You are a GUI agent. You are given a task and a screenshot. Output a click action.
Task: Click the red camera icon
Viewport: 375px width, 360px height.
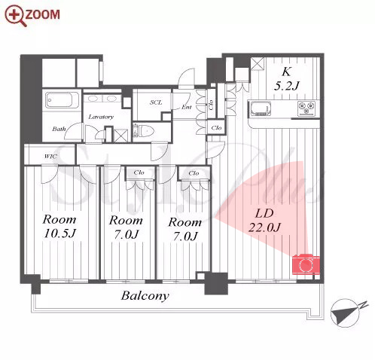306,264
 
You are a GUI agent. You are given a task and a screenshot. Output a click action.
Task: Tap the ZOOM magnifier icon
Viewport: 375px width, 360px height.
15,16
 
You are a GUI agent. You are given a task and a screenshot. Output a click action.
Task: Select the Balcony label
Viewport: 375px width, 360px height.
145,296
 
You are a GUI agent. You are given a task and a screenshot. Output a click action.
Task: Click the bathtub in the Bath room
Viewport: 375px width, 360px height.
62,100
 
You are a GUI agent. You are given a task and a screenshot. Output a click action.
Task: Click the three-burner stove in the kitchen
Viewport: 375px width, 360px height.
306,108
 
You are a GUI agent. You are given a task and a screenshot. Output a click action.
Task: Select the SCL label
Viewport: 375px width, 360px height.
156,102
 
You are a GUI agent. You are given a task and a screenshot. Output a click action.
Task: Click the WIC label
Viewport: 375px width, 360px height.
50,157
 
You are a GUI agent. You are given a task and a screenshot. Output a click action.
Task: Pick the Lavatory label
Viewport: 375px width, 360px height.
101,117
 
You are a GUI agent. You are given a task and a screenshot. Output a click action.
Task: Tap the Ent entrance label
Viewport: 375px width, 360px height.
187,107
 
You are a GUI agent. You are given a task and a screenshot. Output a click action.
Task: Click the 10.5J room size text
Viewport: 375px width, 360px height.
59,233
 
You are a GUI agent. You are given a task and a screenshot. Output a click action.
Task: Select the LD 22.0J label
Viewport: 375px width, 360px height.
264,221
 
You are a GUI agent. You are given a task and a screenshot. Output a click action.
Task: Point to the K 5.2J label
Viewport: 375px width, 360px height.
286,79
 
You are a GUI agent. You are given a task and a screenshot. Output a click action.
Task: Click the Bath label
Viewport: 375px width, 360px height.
59,129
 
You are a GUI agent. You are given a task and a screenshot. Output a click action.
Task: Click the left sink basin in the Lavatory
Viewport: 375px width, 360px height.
93,99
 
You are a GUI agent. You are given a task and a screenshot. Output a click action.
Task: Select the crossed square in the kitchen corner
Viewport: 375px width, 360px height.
258,64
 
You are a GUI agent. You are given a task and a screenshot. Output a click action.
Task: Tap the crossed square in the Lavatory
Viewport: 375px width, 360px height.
120,136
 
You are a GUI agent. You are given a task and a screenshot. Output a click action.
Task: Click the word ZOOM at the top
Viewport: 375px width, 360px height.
42,14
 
